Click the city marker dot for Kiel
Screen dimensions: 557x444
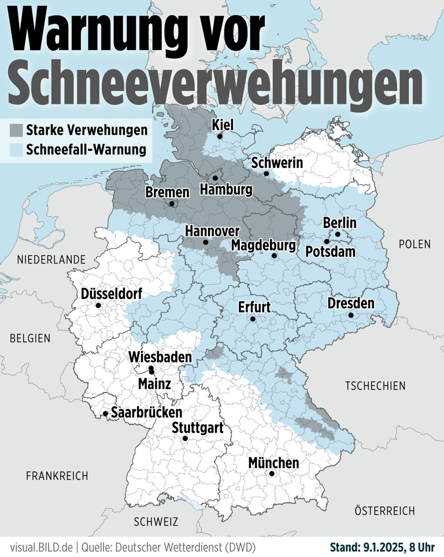(x=220, y=136)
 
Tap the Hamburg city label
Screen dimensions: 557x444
(x=226, y=190)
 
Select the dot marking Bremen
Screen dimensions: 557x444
(x=172, y=203)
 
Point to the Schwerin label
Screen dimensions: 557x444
(x=277, y=163)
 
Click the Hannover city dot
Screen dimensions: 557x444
(x=206, y=243)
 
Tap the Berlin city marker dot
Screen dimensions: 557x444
(x=338, y=235)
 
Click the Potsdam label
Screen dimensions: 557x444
(x=330, y=252)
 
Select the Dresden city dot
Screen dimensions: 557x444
(x=351, y=315)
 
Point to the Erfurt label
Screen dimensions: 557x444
(x=255, y=307)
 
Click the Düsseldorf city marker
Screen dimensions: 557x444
(x=98, y=305)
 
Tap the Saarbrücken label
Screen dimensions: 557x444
(x=146, y=413)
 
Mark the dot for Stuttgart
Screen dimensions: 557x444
(x=186, y=439)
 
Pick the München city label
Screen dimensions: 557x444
(x=273, y=463)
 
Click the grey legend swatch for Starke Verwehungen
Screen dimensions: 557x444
(x=16, y=130)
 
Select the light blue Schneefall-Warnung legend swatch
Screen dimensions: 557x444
(x=16, y=150)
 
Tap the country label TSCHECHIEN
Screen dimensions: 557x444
(x=375, y=385)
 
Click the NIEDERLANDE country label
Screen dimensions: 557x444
(x=51, y=260)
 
